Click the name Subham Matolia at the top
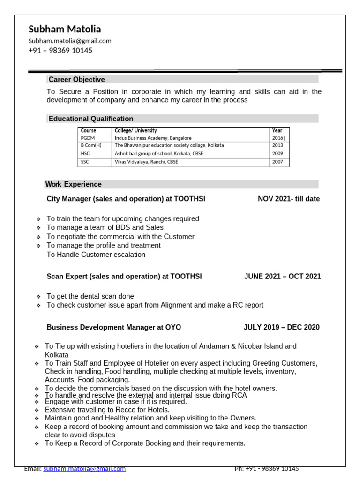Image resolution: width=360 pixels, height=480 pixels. click(65, 29)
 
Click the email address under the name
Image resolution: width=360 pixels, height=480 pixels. click(70, 41)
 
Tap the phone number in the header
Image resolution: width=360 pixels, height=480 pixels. click(60, 51)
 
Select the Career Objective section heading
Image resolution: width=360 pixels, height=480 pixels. click(76, 80)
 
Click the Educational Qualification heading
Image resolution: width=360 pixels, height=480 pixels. click(91, 119)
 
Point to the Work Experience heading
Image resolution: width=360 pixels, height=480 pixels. click(74, 184)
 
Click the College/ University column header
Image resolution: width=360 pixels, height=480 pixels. click(135, 131)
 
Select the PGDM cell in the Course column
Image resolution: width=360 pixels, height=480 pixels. click(88, 138)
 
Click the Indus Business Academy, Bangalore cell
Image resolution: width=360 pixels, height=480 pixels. click(153, 138)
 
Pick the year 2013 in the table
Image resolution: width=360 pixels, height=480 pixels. click(277, 146)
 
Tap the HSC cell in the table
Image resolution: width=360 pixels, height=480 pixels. click(85, 154)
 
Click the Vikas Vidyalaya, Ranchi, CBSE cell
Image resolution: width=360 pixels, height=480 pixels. click(146, 162)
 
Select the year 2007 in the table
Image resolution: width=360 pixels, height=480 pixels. click(277, 162)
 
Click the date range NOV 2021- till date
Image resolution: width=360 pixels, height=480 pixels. click(289, 199)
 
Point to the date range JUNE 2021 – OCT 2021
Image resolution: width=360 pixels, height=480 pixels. click(282, 277)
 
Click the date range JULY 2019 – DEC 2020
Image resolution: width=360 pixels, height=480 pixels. click(281, 327)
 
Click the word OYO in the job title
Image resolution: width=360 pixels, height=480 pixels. click(173, 327)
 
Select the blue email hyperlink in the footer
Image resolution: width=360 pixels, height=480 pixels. click(84, 469)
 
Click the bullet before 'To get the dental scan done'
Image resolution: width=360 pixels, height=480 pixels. click(38, 297)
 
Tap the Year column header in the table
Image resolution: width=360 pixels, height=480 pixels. click(277, 131)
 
